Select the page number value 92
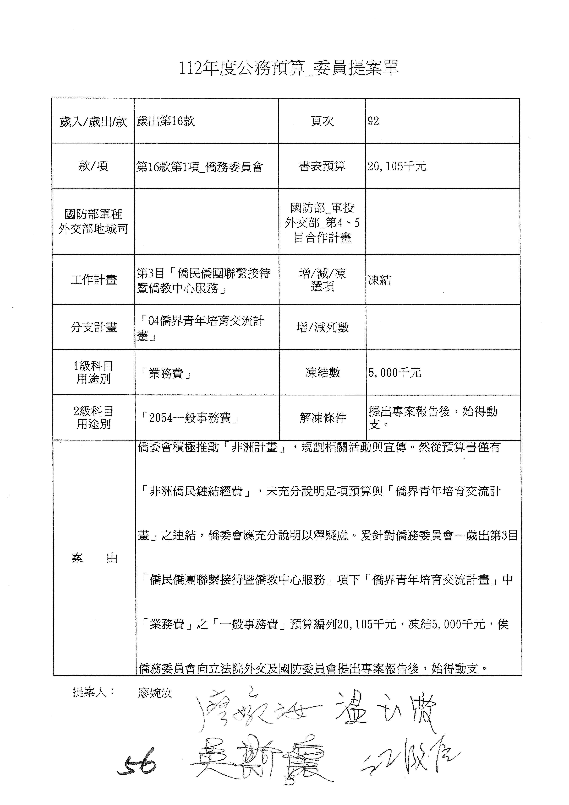(x=374, y=121)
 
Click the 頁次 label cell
(x=322, y=121)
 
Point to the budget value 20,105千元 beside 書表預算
(x=397, y=166)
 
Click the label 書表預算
(x=322, y=166)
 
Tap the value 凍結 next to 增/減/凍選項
(x=379, y=280)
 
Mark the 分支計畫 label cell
(x=94, y=327)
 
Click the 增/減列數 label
(x=322, y=327)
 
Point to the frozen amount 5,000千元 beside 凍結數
(x=395, y=373)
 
